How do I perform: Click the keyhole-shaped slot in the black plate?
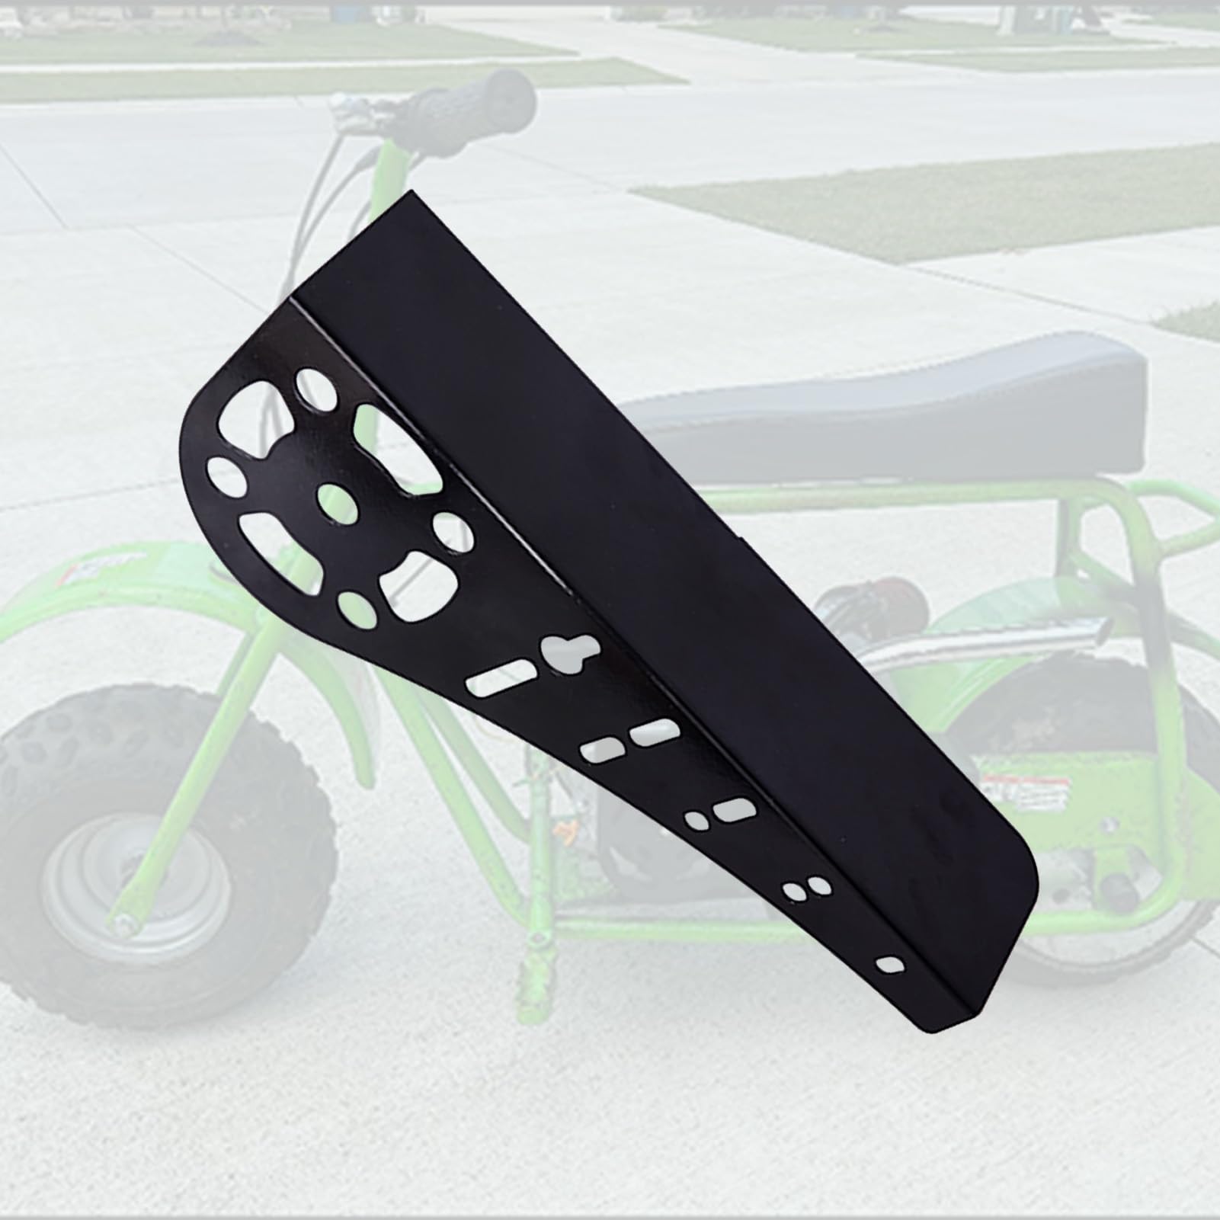565,653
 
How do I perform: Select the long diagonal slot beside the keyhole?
495,680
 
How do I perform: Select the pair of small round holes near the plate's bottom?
806,889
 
